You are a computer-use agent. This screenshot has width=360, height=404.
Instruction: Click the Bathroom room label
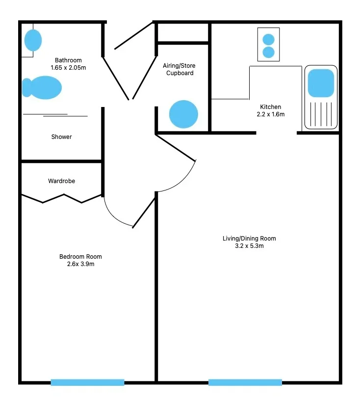coord(68,60)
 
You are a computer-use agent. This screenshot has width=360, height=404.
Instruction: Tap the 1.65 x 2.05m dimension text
coord(68,68)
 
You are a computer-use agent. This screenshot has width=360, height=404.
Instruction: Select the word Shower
coord(61,137)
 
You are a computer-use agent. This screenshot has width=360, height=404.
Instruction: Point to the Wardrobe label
coord(61,181)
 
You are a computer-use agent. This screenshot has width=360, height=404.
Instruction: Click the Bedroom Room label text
coord(80,257)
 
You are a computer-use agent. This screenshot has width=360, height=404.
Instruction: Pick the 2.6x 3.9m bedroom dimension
coord(80,264)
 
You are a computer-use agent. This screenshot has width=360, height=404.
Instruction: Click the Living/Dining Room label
coord(249,239)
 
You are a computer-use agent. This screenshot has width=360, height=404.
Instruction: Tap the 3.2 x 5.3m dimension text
coord(249,246)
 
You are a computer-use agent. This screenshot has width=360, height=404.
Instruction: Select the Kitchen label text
coord(270,107)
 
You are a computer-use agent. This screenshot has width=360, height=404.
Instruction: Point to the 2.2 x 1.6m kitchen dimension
coord(271,114)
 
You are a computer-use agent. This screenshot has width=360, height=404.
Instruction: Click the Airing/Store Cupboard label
coord(179,69)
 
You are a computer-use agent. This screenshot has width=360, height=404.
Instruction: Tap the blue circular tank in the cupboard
coord(183,114)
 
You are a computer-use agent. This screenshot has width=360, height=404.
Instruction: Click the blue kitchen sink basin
coord(321,83)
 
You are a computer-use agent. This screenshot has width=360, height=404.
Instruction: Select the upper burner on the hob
coord(269,39)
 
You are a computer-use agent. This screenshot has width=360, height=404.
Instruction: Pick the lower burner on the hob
coord(269,53)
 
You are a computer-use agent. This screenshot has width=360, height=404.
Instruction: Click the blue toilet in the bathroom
coord(42,87)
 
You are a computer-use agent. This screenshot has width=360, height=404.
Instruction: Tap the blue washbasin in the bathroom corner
coord(33,40)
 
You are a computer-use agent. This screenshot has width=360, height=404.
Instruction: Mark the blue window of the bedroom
coord(88,382)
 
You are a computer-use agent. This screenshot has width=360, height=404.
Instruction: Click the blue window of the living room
coord(245,382)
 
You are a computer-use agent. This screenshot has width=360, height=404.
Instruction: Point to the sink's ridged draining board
coord(321,114)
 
